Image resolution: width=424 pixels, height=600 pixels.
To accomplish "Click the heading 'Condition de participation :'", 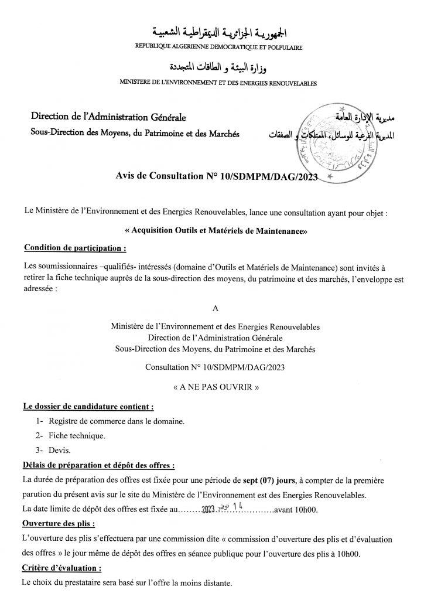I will pyautogui.click(x=75, y=248).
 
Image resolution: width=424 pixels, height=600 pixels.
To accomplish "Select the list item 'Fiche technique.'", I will pyautogui.click(x=77, y=437).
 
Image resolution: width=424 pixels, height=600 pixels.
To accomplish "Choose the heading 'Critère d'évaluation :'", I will pyautogui.click(x=61, y=568).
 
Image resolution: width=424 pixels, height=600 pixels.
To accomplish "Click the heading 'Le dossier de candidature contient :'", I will pyautogui.click(x=88, y=405).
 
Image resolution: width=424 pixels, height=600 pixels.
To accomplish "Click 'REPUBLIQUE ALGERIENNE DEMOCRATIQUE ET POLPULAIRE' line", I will pyautogui.click(x=218, y=46).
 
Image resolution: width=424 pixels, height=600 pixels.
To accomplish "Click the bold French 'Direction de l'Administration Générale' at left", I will pyautogui.click(x=108, y=121).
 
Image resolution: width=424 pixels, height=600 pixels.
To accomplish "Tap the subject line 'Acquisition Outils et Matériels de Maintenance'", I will pyautogui.click(x=216, y=231).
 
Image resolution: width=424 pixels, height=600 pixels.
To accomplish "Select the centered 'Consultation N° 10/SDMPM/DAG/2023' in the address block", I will pyautogui.click(x=216, y=367).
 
